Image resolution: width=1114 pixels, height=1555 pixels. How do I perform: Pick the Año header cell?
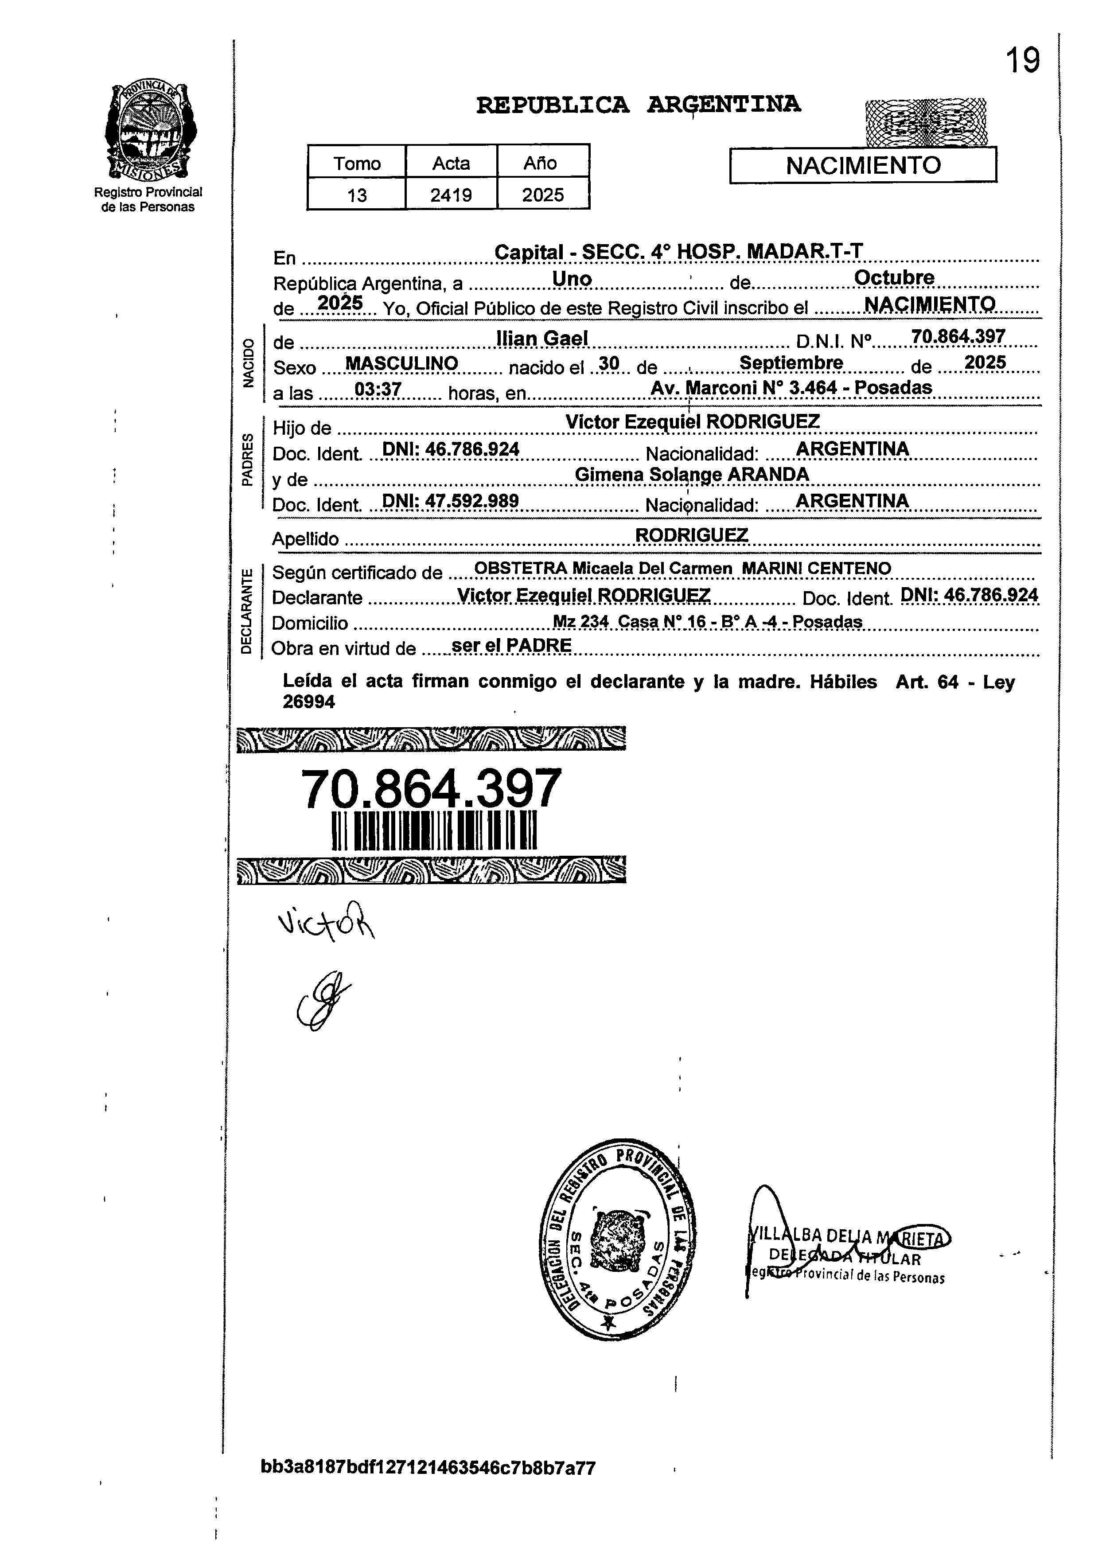tap(542, 163)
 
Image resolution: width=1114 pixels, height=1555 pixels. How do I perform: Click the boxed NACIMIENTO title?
tap(862, 166)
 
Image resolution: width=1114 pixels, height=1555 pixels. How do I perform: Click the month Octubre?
tap(893, 278)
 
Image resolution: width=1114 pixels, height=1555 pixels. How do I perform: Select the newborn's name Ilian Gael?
tap(541, 338)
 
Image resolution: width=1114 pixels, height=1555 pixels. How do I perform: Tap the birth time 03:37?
tap(378, 390)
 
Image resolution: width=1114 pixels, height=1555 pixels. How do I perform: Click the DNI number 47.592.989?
tap(450, 501)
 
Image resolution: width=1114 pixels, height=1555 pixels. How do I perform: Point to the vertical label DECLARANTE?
tap(247, 609)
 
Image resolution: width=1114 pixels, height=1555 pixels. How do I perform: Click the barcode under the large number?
tap(434, 830)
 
